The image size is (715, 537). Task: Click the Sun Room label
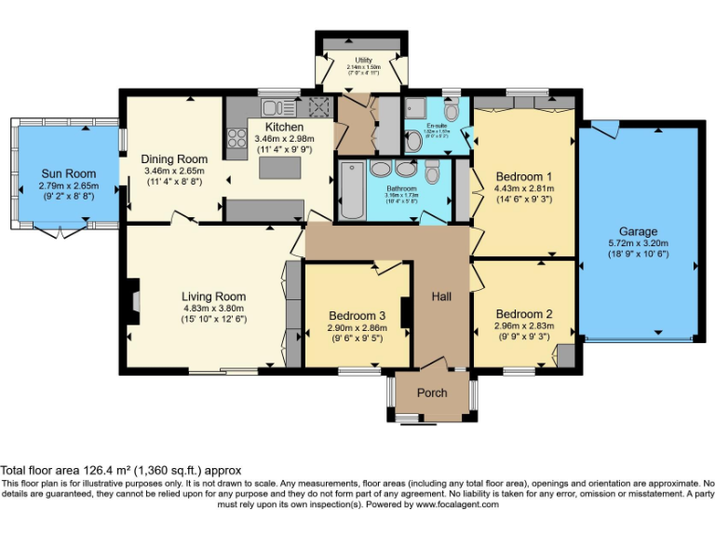68,173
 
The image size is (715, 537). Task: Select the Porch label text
431,392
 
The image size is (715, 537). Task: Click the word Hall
441,296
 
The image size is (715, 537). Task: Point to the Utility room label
363,61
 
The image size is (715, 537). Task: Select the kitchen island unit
279,169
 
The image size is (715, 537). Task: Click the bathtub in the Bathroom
351,190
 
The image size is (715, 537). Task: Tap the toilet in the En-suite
414,142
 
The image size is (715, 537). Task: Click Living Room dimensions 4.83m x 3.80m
213,309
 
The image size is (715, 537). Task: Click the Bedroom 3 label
356,316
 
